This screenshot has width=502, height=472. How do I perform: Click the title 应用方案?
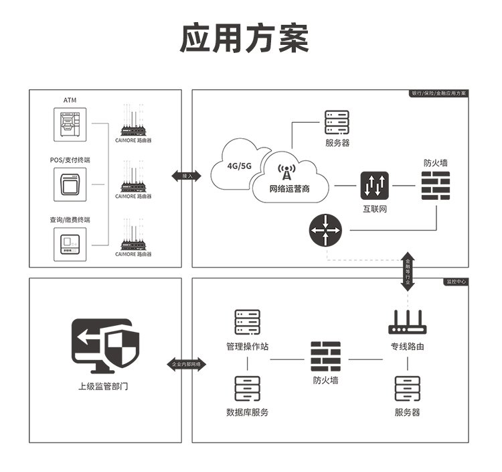[245, 38]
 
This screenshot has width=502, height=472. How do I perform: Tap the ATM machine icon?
[70, 124]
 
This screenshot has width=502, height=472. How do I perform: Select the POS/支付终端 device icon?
[70, 183]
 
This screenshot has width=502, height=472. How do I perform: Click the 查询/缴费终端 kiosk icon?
[70, 243]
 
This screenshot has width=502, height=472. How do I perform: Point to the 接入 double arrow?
[187, 176]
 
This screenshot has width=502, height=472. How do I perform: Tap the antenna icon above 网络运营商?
[287, 174]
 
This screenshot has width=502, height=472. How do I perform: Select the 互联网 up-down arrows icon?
[374, 185]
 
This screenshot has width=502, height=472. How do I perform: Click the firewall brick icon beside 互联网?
[436, 185]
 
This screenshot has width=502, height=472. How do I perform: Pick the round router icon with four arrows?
[325, 231]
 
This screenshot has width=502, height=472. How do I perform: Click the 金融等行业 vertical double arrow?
[408, 272]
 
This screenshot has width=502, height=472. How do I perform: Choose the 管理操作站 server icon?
[247, 322]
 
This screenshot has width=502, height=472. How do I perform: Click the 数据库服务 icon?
[247, 388]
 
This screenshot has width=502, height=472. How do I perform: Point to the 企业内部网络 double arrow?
[187, 363]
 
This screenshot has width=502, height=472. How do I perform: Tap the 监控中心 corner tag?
[456, 282]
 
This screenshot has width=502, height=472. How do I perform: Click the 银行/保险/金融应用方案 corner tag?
[440, 93]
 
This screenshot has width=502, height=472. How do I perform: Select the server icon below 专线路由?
[407, 388]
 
